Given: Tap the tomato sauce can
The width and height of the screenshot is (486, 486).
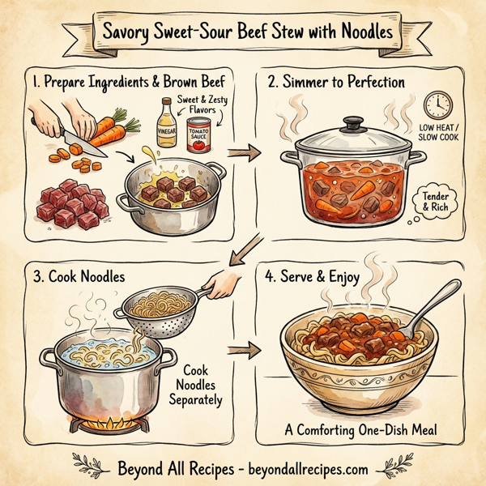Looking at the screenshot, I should pos(198,134).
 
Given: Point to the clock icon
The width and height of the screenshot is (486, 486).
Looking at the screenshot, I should pos(437,106).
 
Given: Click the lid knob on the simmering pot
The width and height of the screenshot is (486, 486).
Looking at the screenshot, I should pos(353,124).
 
